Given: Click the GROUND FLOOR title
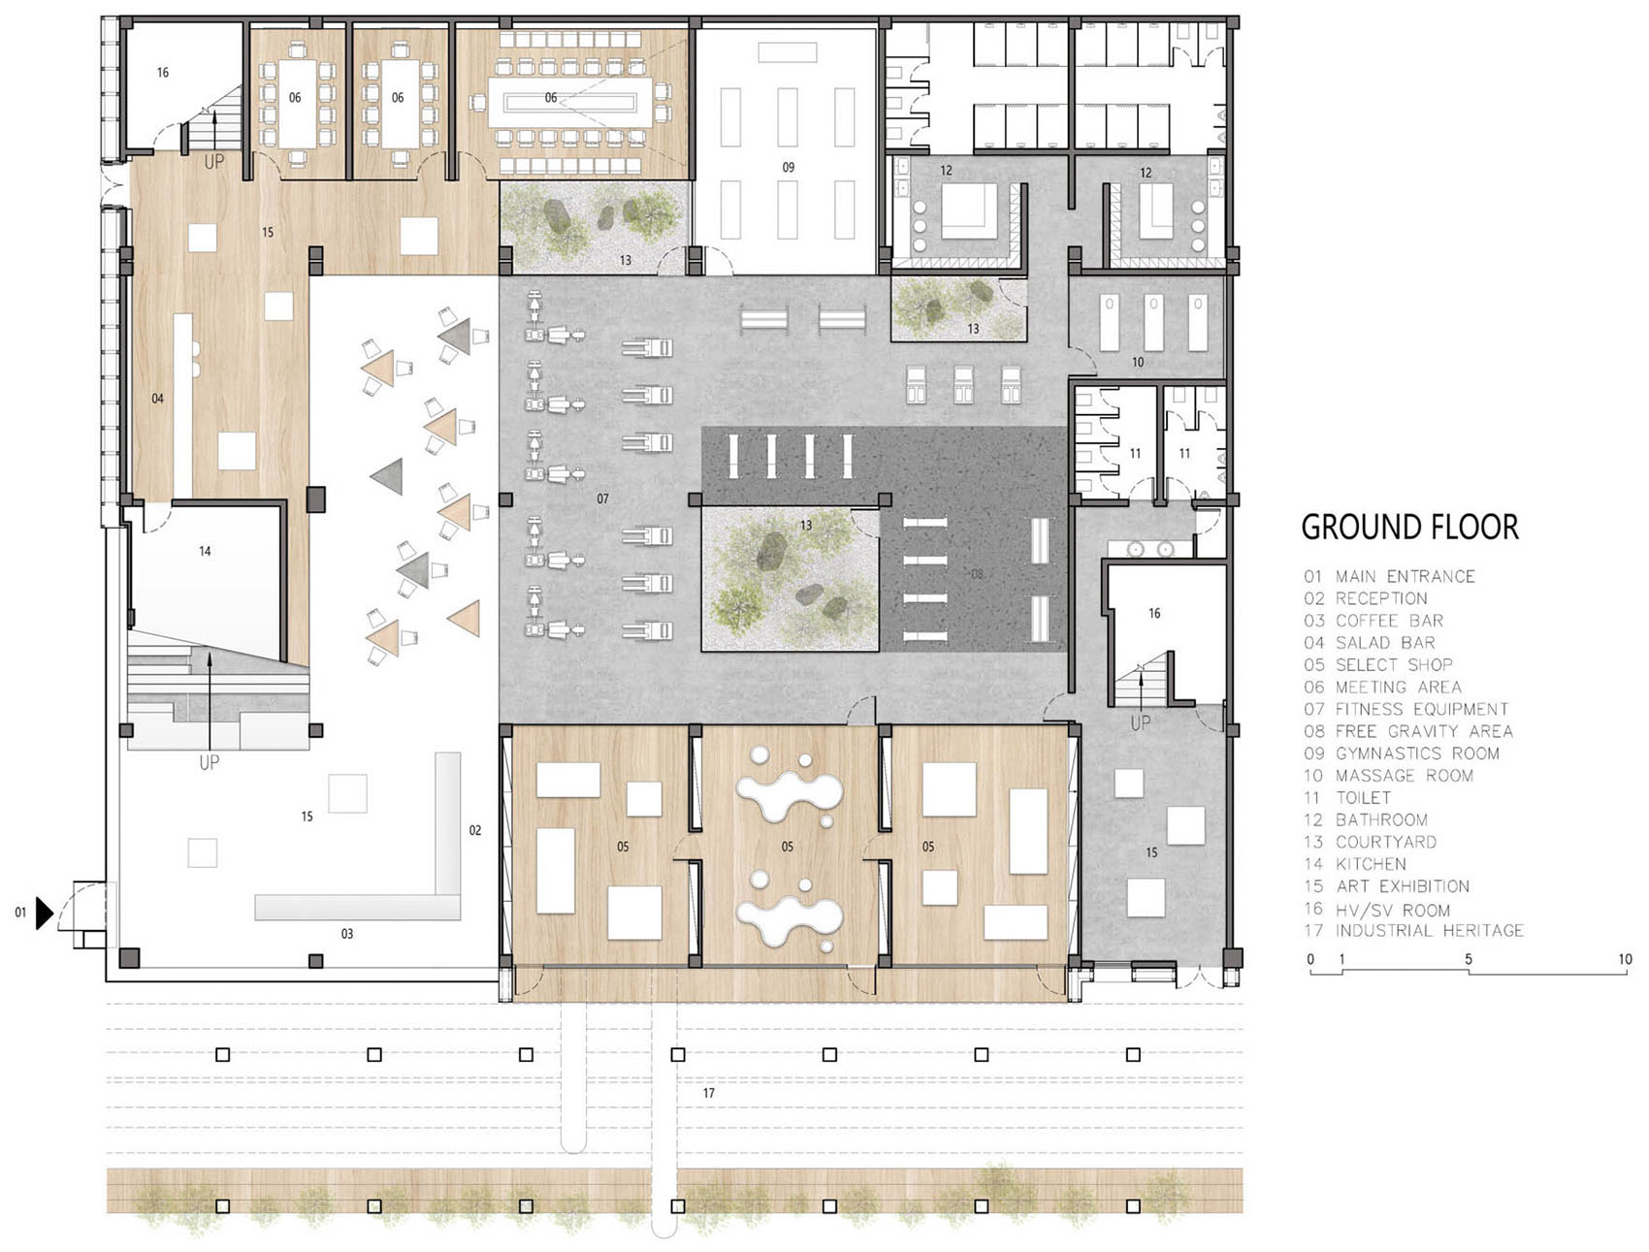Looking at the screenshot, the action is click(x=1409, y=528).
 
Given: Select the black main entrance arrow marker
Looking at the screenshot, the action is click(x=44, y=913).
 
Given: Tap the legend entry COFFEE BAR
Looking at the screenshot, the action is click(x=1389, y=621).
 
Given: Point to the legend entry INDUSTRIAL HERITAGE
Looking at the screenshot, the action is click(x=1429, y=931).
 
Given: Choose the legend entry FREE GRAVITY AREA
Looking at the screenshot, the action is click(x=1424, y=731).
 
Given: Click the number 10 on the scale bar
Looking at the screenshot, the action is click(x=1625, y=959).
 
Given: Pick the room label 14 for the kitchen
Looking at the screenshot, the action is click(x=205, y=551).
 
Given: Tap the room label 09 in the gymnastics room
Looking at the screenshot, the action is click(x=788, y=167).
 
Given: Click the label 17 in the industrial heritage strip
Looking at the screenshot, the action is click(x=709, y=1093).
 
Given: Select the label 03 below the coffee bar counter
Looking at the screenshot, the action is click(x=346, y=934).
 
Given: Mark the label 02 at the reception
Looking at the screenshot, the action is click(x=475, y=830).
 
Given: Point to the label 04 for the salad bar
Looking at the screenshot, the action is click(x=157, y=399).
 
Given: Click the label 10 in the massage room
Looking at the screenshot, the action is click(x=1138, y=362).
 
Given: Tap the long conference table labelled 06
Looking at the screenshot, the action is click(x=568, y=97).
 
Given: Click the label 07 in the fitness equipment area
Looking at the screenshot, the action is click(x=602, y=498).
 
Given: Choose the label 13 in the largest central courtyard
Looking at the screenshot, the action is click(x=806, y=525).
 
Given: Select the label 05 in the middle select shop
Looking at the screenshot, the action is click(x=787, y=847).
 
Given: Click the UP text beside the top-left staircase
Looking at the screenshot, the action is click(x=214, y=163).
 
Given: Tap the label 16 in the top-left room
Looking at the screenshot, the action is click(x=163, y=72).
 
